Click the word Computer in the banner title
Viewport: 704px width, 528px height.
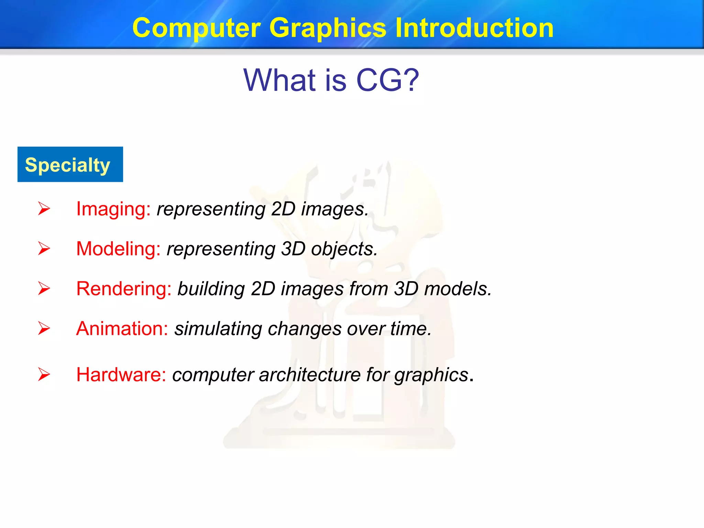tap(196, 28)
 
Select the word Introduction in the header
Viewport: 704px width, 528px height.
tap(474, 28)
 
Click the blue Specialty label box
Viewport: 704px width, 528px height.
tap(70, 164)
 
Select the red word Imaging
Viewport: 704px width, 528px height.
tap(113, 209)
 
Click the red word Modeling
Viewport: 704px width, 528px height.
tap(118, 249)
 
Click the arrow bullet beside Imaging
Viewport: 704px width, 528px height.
tap(44, 209)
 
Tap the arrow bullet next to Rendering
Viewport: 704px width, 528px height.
tap(44, 288)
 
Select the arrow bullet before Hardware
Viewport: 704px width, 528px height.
tap(44, 374)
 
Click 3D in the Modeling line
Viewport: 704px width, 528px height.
tap(293, 249)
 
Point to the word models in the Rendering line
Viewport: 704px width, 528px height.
tap(457, 288)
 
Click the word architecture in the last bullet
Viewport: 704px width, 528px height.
tap(309, 374)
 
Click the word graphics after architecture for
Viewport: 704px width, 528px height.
tap(431, 375)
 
